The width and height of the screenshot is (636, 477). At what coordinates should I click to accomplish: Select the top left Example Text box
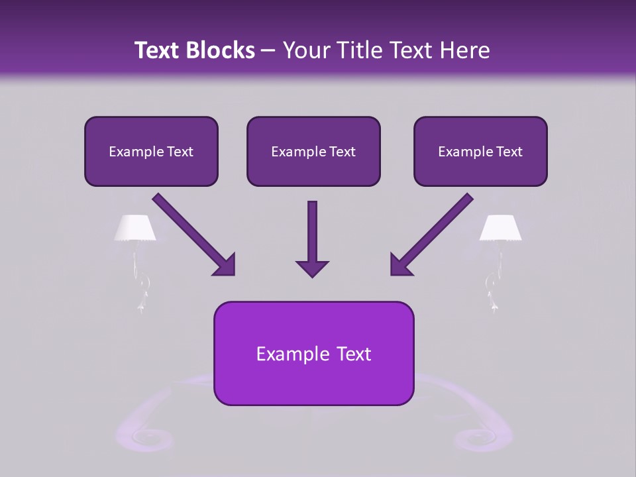pyautogui.click(x=151, y=151)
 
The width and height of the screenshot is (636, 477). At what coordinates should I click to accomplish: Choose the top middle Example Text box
pyautogui.click(x=313, y=151)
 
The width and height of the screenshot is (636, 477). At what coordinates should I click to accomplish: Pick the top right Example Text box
pyautogui.click(x=480, y=151)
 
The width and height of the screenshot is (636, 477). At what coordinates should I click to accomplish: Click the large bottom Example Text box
pyautogui.click(x=313, y=353)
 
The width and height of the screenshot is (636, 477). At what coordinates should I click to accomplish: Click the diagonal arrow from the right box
pyautogui.click(x=431, y=234)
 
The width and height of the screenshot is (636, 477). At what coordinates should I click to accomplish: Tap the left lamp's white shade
pyautogui.click(x=135, y=228)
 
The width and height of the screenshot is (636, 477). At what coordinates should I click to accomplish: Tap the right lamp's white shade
pyautogui.click(x=500, y=228)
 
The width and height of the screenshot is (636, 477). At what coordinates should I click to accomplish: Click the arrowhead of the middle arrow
pyautogui.click(x=312, y=267)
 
